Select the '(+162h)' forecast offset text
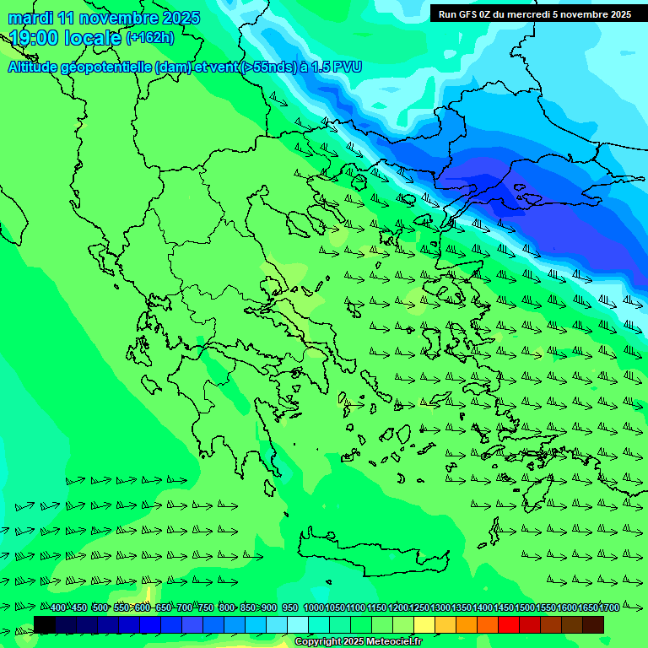point(149,37)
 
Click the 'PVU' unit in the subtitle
point(347,67)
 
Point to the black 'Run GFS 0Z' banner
point(534,13)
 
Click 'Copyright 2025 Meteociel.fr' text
point(358,642)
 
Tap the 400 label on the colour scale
point(57,608)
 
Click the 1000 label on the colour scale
point(314,608)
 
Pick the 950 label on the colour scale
point(289,608)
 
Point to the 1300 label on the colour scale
point(440,608)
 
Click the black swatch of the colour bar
point(45,624)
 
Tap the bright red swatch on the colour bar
point(509,624)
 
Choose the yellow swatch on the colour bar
point(424,624)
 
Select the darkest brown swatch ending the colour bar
point(593,624)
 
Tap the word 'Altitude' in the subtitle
point(34,67)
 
